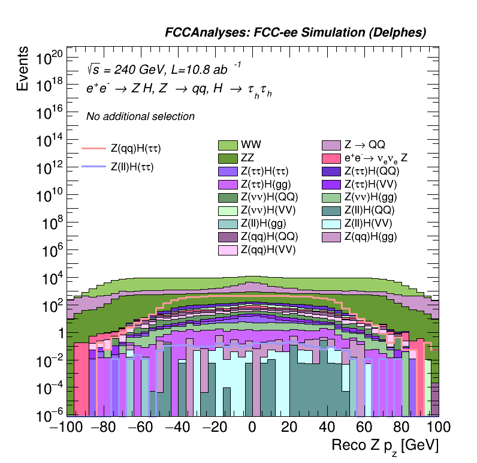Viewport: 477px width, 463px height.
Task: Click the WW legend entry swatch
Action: tap(228, 145)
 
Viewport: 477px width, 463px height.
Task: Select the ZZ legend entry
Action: tap(228, 158)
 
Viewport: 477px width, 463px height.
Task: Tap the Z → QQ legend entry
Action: tap(331, 145)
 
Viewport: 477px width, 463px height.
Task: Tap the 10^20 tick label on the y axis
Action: tap(49, 59)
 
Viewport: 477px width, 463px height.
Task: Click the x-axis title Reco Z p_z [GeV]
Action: tap(385, 446)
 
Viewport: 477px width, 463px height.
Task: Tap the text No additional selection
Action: tap(140, 116)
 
